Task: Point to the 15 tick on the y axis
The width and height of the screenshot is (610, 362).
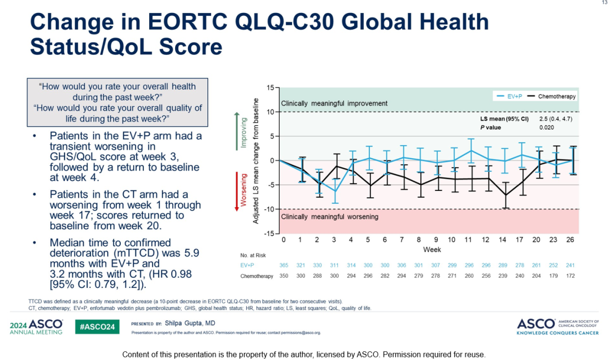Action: (x=270, y=88)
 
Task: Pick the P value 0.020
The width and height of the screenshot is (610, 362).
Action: (x=547, y=128)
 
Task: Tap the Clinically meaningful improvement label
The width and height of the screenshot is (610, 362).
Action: (x=334, y=103)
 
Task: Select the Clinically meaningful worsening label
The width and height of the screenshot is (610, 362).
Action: (x=330, y=216)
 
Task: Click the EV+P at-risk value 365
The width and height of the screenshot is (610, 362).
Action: (x=284, y=265)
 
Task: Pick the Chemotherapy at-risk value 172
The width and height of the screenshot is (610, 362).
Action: (x=571, y=276)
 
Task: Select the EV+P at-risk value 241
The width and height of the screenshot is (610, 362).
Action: (x=571, y=265)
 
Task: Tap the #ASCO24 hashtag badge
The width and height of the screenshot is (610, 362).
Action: (x=97, y=327)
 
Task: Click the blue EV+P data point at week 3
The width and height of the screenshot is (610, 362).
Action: (x=334, y=191)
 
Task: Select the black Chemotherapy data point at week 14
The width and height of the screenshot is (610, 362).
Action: (x=504, y=195)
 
